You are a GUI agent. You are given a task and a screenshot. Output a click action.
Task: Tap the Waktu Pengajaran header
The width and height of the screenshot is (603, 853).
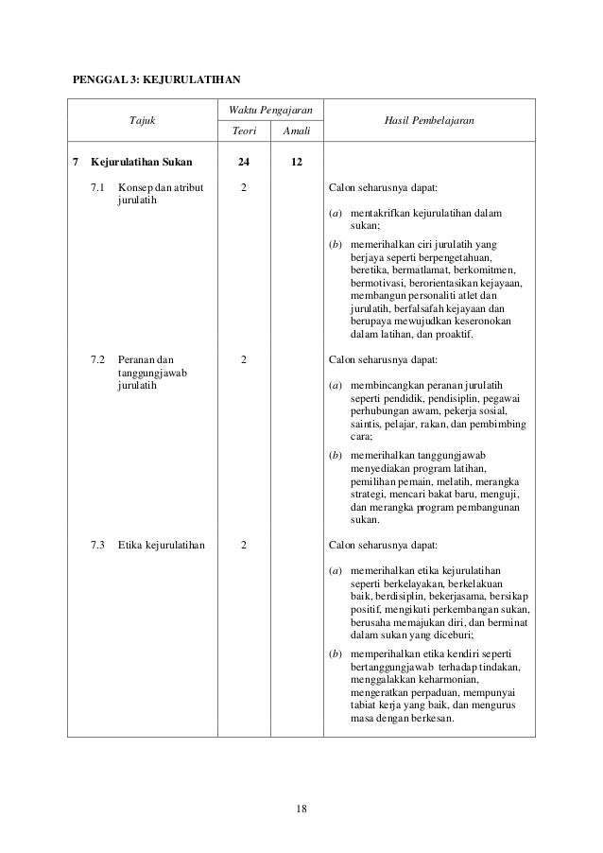[270, 113]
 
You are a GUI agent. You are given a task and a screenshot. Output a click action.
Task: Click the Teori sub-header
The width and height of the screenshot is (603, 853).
[244, 133]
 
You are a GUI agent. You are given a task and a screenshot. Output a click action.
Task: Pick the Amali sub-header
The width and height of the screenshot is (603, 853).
[297, 133]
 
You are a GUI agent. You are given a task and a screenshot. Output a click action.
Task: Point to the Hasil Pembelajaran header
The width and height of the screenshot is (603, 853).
[429, 121]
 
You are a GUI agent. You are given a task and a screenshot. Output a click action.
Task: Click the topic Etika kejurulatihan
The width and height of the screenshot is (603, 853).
[163, 545]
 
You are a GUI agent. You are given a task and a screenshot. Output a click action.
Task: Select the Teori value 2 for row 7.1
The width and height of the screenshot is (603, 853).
[244, 187]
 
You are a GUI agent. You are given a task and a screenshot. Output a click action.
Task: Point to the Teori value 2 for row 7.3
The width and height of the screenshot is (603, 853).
[244, 545]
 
